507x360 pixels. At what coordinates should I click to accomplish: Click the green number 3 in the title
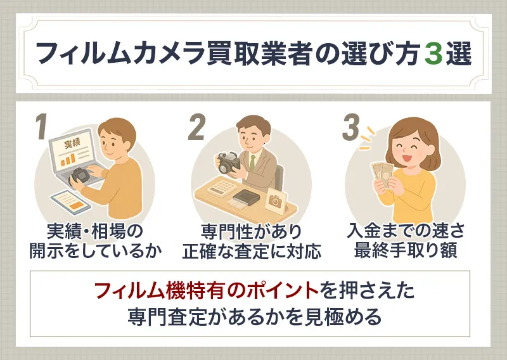coord(433,55)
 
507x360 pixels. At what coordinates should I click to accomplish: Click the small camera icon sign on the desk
coord(275,201)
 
